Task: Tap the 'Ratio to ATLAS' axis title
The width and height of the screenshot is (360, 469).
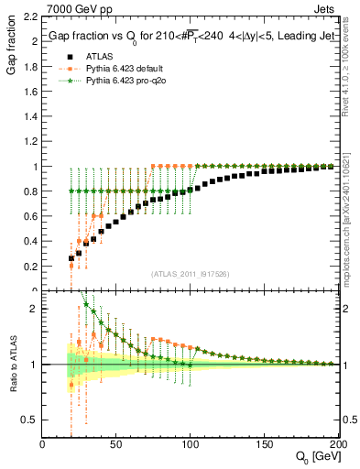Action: coord(12,365)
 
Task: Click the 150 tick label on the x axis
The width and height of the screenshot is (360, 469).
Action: coord(263,444)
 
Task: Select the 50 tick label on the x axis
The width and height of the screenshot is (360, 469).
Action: coord(115,444)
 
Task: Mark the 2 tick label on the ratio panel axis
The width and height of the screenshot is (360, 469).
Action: coord(35,309)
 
